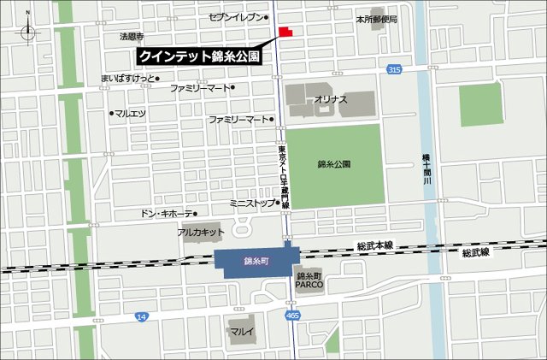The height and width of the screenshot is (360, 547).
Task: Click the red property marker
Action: pyautogui.click(x=285, y=32)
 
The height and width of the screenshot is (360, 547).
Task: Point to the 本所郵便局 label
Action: pyautogui.click(x=377, y=18)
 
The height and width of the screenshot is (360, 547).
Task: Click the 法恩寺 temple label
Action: pyautogui.click(x=132, y=37)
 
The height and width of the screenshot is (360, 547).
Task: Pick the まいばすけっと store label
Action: pyautogui.click(x=127, y=79)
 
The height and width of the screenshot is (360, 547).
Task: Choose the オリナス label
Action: pyautogui.click(x=330, y=100)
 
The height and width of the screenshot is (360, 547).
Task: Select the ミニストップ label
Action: pyautogui.click(x=252, y=204)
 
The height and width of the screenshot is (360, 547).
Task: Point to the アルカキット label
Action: pyautogui.click(x=201, y=232)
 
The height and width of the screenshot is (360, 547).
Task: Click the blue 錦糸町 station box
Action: pyautogui.click(x=256, y=263)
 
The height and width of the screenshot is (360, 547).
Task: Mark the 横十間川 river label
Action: pyautogui.click(x=425, y=166)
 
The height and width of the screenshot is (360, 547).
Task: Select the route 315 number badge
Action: pyautogui.click(x=392, y=69)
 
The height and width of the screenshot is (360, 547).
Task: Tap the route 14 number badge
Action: pyautogui.click(x=141, y=316)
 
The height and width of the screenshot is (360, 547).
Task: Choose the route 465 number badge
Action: pyautogui.click(x=293, y=316)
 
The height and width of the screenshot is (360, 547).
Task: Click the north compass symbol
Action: pyautogui.click(x=29, y=27)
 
